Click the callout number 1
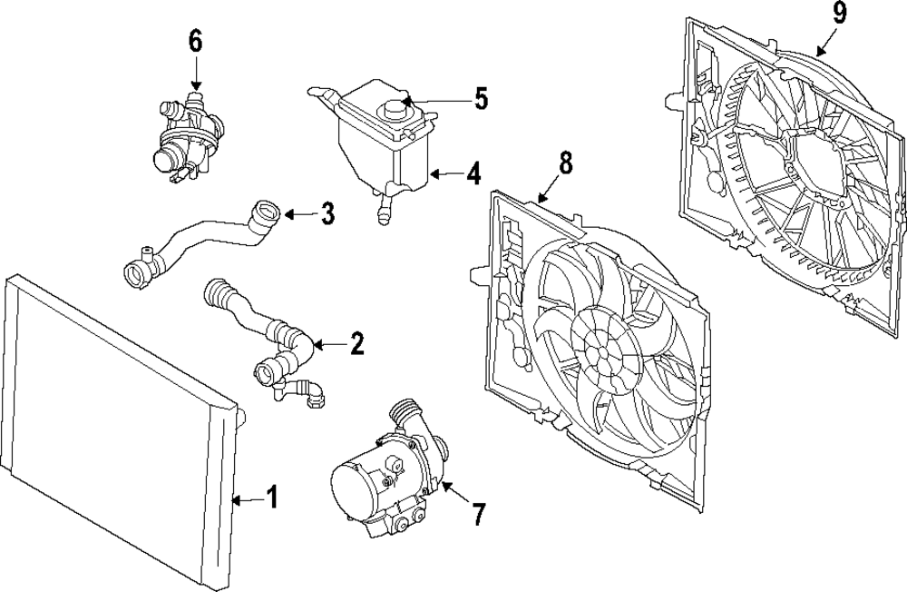(270, 497)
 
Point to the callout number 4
(473, 173)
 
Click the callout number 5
(479, 98)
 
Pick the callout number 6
(195, 41)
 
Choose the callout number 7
(478, 515)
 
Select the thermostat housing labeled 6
(186, 136)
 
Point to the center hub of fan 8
(600, 350)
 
